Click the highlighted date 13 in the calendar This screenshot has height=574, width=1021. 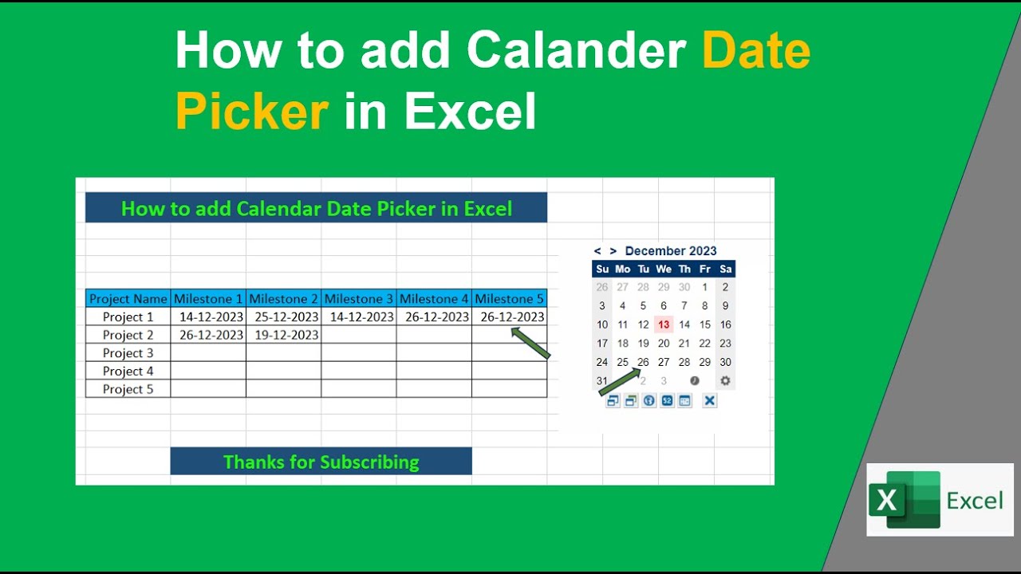point(664,324)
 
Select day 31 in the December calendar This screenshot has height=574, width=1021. point(602,381)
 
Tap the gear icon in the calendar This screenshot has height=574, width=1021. point(725,381)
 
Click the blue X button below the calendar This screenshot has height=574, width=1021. point(709,400)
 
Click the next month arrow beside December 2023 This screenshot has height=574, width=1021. point(613,251)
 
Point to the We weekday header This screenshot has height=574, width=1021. point(664,269)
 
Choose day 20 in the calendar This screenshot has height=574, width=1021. point(664,344)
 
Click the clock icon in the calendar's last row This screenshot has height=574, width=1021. point(695,381)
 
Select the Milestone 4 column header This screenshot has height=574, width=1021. point(434,299)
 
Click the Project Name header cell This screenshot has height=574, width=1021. point(128,299)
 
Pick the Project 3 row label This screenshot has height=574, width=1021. point(128,353)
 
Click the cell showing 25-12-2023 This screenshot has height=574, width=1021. point(284,316)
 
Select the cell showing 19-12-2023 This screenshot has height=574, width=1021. point(284,335)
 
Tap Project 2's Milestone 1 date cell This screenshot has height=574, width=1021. point(209,335)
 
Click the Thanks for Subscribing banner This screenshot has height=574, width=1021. point(321,462)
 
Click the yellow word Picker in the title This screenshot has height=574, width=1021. point(252,111)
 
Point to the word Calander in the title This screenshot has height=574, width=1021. point(577,51)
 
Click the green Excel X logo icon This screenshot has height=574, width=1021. point(887,501)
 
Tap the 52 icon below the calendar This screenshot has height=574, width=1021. point(667,400)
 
